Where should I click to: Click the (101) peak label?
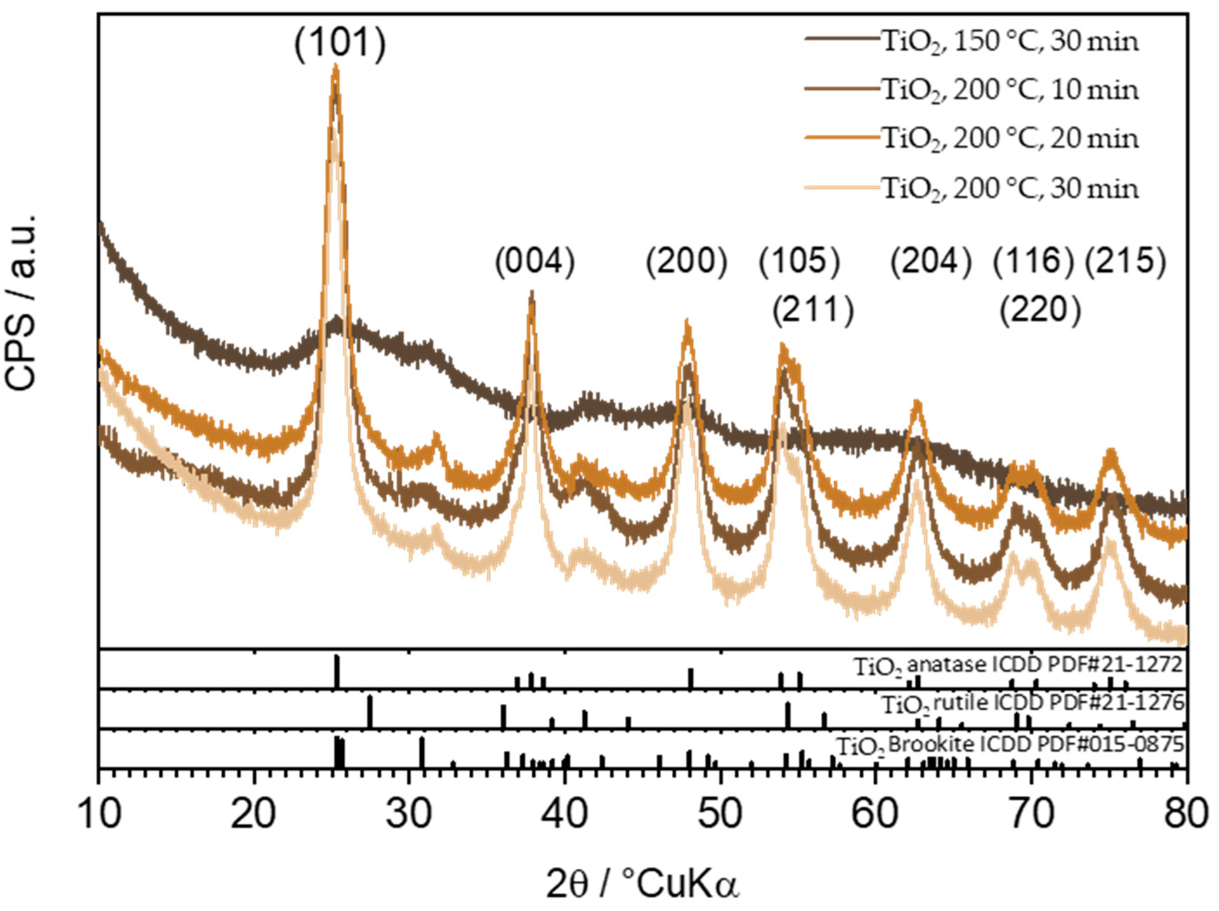pyautogui.click(x=339, y=43)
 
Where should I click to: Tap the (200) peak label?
pyautogui.click(x=687, y=261)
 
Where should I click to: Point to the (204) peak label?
pyautogui.click(x=931, y=261)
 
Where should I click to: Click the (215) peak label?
pyautogui.click(x=1126, y=261)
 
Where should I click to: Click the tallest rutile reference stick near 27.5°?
pyautogui.click(x=370, y=712)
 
